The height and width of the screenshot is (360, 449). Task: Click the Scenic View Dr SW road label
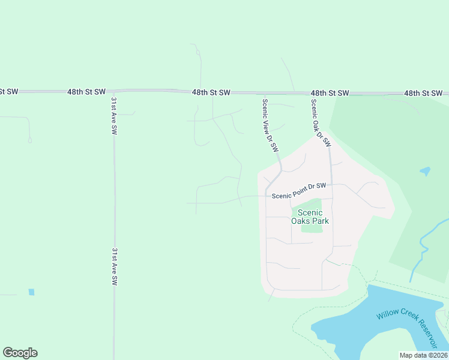click(270, 125)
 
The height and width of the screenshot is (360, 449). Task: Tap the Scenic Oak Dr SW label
click(321, 123)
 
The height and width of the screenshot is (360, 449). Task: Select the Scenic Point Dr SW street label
click(299, 191)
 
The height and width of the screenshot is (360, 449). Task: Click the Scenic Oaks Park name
click(310, 217)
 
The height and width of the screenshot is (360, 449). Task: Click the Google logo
click(20, 353)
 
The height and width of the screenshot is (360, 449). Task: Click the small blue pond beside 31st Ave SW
click(31, 292)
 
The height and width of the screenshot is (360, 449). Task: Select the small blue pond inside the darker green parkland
click(425, 171)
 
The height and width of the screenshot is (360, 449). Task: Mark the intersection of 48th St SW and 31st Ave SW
click(113, 92)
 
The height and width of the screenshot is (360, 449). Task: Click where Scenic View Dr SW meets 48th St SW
click(263, 94)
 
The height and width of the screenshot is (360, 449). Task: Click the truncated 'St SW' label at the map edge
click(9, 91)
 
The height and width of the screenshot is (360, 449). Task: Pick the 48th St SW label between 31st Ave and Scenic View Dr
click(211, 92)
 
